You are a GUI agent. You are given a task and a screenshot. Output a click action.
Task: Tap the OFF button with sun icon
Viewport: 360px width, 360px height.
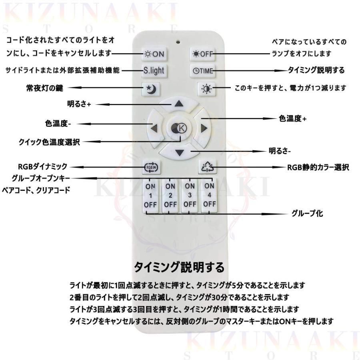click(203, 54)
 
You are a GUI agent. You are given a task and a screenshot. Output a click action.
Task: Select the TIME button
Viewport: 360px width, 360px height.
click(203, 71)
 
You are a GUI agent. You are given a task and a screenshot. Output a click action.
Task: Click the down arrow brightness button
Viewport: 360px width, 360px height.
click(179, 152)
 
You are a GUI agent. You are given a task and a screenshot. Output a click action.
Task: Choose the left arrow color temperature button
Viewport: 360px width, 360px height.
click(154, 128)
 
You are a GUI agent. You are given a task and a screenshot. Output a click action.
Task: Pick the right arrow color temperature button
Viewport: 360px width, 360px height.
click(204, 128)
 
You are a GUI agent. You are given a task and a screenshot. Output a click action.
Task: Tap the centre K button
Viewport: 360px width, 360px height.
click(179, 128)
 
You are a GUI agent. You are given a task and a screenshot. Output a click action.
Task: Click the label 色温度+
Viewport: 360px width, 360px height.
click(292, 119)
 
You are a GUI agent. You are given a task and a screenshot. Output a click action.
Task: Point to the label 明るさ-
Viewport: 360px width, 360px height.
click(280, 152)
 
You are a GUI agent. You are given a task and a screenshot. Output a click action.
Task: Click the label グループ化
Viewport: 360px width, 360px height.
click(308, 214)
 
